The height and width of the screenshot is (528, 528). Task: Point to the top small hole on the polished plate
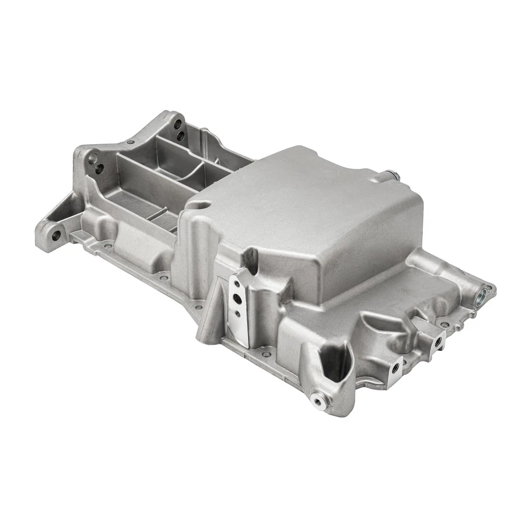click(235, 285)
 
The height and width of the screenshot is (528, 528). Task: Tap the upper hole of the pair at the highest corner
click(178, 124)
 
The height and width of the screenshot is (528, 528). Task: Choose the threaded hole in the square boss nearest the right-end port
click(438, 341)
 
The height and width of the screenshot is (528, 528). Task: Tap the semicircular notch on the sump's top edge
click(201, 205)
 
